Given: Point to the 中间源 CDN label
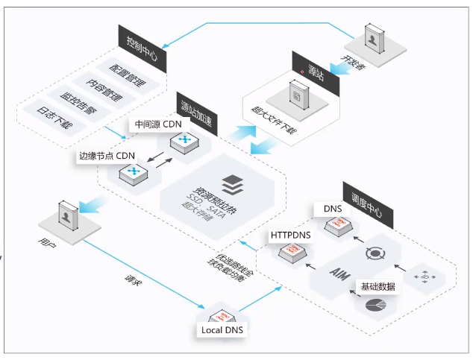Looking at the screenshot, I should pyautogui.click(x=157, y=124).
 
